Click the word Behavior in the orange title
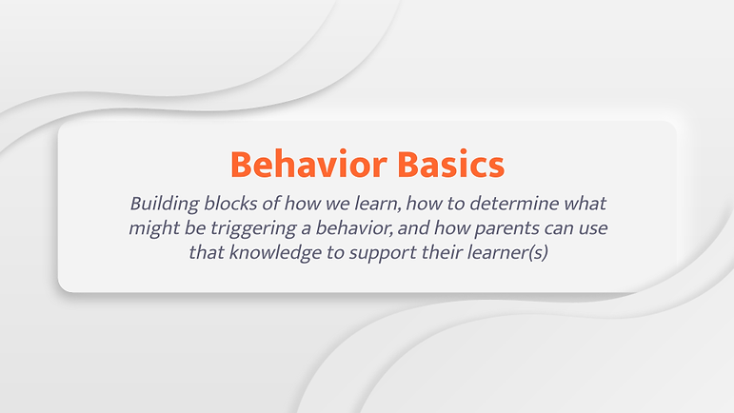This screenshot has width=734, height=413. (308, 164)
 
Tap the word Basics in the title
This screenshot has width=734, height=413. (451, 164)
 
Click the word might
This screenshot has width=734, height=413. (154, 228)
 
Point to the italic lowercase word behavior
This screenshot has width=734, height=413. (354, 227)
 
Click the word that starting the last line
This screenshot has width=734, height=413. (207, 252)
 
